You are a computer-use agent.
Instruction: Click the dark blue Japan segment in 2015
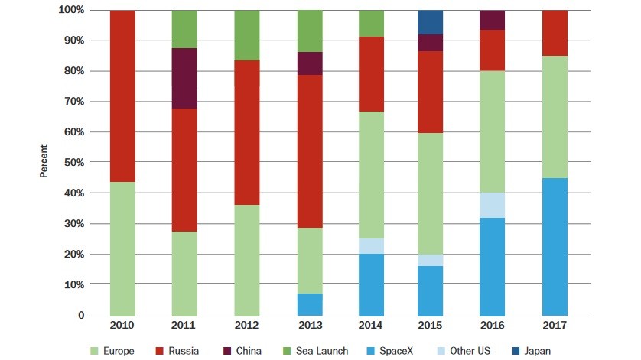pos(431,22)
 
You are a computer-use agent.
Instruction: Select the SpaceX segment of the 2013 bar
pos(310,304)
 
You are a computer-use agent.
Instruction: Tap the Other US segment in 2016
pos(491,205)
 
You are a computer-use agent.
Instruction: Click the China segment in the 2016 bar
pos(491,20)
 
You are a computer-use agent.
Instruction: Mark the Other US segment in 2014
pos(370,246)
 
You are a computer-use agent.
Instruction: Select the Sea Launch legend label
pos(322,351)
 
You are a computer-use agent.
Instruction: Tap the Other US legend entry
pos(466,351)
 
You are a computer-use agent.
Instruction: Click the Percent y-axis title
pos(44,163)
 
